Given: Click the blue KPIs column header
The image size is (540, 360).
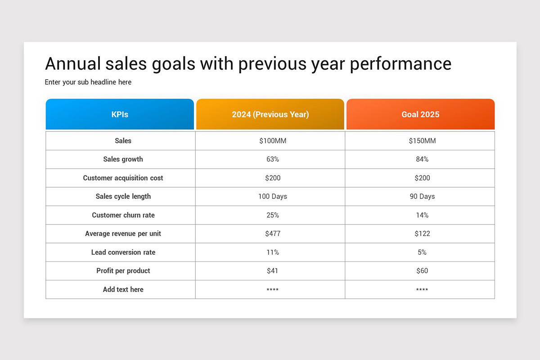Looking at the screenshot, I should tap(120, 114).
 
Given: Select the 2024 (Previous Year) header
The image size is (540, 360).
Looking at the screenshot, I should tap(270, 114).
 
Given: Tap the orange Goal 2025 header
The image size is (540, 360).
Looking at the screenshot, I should tap(420, 114).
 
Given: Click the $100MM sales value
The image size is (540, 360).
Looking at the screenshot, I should tap(273, 141).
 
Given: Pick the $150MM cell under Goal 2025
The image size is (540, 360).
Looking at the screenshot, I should tap(422, 141).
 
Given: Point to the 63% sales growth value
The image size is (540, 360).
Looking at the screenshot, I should tap(273, 159).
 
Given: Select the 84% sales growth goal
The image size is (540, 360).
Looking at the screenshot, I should tap(422, 159).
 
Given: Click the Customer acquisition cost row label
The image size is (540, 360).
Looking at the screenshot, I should tap(123, 178).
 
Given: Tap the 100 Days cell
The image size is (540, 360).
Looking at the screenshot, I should tap(273, 197).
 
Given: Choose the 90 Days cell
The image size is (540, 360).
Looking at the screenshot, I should tap(422, 197).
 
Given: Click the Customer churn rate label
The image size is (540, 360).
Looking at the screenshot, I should tap(123, 215).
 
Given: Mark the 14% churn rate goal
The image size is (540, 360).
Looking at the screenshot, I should tap(422, 215).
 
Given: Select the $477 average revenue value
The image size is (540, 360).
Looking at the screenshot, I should tap(273, 234).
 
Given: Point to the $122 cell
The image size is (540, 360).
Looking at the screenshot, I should tap(422, 234).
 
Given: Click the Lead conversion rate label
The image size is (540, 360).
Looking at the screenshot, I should tap(123, 252).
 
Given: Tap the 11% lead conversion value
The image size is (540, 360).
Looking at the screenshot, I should tap(273, 252).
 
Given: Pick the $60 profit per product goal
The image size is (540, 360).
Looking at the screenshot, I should tap(422, 271).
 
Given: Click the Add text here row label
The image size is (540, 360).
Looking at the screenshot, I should tap(123, 289).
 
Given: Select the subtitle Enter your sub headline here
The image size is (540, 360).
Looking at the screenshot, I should tap(88, 82).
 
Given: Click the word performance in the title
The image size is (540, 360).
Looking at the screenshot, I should tap(400, 64).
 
